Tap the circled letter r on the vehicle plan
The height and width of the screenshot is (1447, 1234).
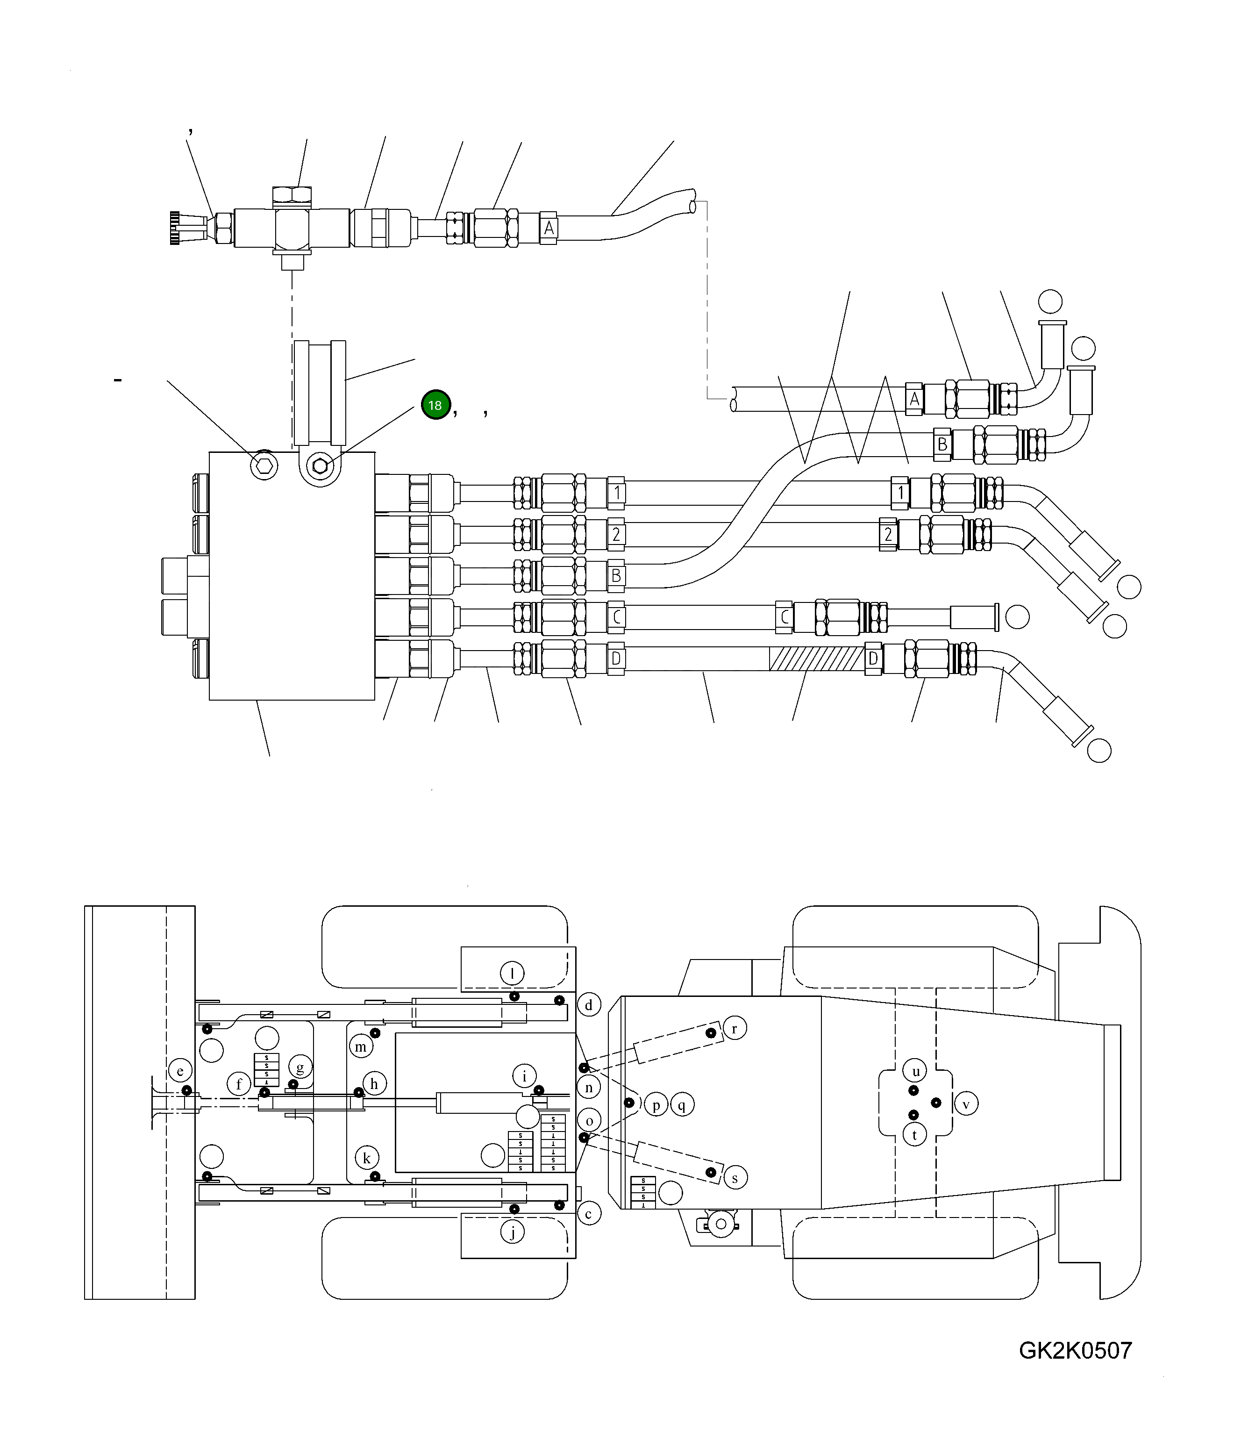pyautogui.click(x=734, y=1028)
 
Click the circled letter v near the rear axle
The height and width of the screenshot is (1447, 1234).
pyautogui.click(x=966, y=1104)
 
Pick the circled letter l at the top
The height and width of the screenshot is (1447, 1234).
pyautogui.click(x=512, y=973)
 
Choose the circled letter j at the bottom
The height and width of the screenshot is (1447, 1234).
pyautogui.click(x=512, y=1232)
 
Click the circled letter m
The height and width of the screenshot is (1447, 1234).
pyautogui.click(x=360, y=1046)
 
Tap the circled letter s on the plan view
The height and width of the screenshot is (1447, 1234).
pyautogui.click(x=735, y=1178)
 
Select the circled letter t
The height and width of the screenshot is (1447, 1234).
pyautogui.click(x=914, y=1135)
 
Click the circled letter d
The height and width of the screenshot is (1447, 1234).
pyautogui.click(x=589, y=1005)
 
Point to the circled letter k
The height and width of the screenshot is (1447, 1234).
pyautogui.click(x=367, y=1158)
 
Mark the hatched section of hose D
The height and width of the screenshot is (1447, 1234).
pyautogui.click(x=816, y=659)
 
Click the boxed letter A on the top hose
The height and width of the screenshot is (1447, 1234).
pyautogui.click(x=549, y=228)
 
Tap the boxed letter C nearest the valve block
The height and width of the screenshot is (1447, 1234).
pyautogui.click(x=616, y=617)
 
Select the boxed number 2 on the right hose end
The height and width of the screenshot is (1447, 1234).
pyautogui.click(x=888, y=535)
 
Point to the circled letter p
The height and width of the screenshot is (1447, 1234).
pyautogui.click(x=656, y=1105)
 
